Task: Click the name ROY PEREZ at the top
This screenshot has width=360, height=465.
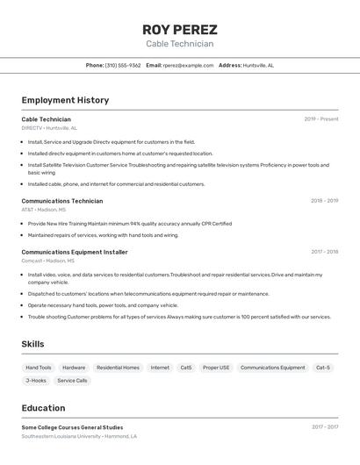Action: click(179, 29)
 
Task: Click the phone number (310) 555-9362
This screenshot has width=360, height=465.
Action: click(123, 65)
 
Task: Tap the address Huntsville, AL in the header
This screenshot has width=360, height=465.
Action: click(258, 65)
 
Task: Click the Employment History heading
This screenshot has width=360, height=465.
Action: click(65, 100)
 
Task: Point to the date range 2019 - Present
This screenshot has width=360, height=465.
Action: click(320, 119)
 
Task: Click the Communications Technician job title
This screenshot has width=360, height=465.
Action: click(61, 201)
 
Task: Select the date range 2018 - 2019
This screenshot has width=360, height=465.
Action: click(324, 201)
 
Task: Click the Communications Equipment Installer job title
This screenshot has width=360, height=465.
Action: click(75, 252)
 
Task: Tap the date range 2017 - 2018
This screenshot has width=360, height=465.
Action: click(324, 252)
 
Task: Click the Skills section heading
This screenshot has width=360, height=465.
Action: click(32, 344)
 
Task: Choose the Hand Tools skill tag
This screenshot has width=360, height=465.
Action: click(39, 368)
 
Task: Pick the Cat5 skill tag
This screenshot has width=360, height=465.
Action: click(186, 368)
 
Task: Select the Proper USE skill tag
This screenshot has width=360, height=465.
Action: click(216, 368)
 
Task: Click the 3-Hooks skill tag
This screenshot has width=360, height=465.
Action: click(36, 381)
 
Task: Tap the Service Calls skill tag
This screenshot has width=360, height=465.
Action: click(72, 381)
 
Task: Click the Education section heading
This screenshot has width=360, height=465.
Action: click(43, 408)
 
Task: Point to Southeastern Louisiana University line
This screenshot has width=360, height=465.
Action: click(61, 436)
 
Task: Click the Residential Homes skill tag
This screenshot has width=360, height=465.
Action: click(118, 368)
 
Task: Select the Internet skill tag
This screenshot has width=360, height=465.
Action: click(160, 368)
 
